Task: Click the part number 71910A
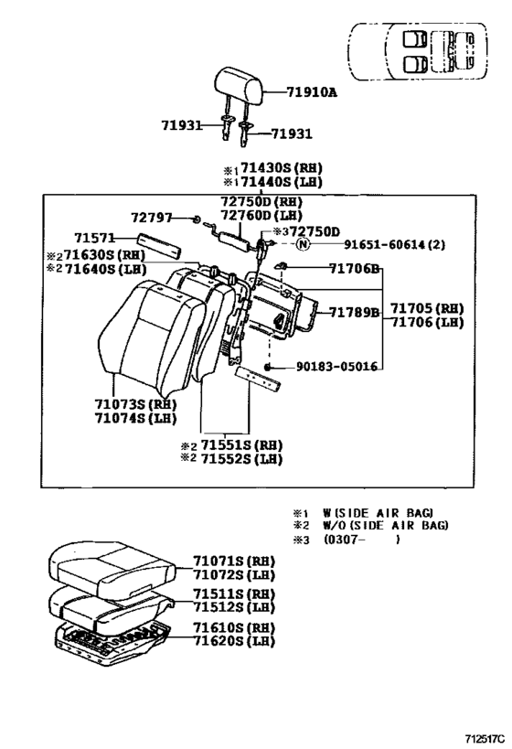[312, 92]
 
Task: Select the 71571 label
[93, 237]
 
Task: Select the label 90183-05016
[336, 367]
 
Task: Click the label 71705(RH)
[427, 308]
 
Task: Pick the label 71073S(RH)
[133, 403]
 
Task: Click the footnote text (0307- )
[361, 540]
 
